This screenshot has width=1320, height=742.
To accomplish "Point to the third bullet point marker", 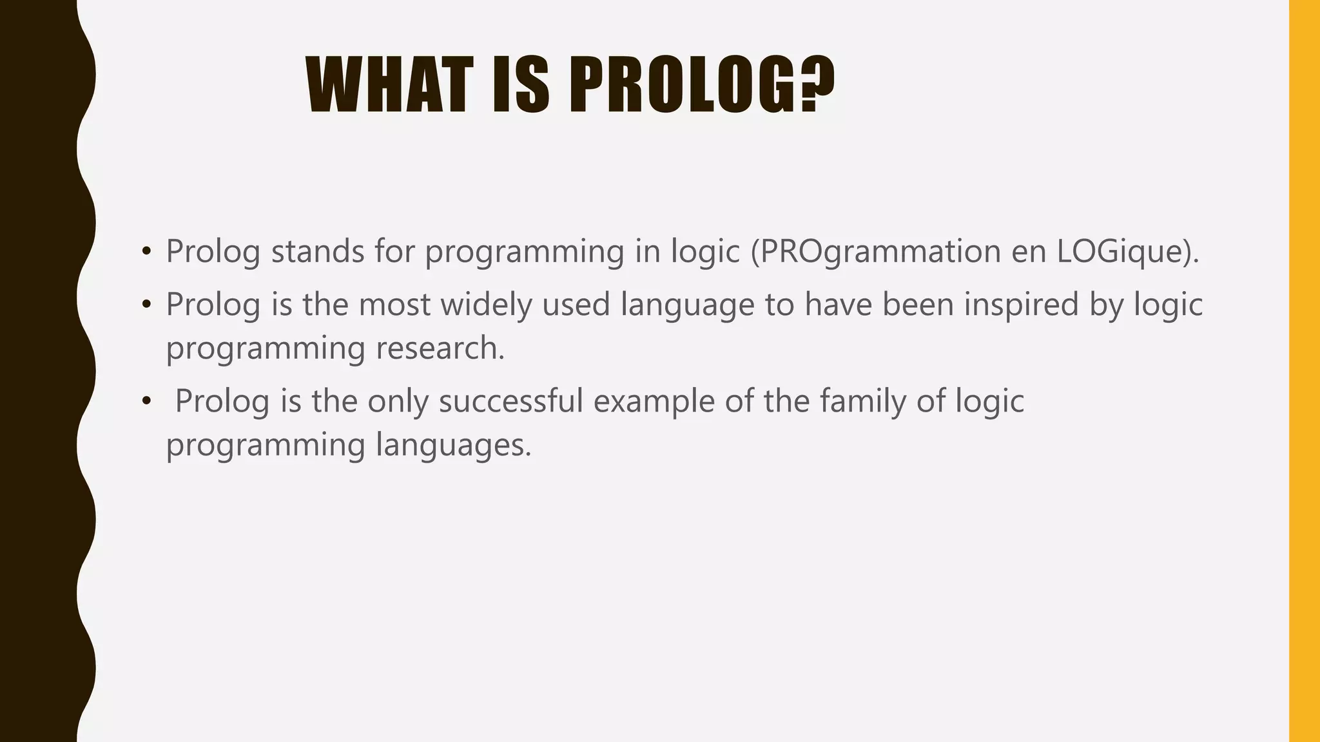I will pyautogui.click(x=147, y=401).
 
